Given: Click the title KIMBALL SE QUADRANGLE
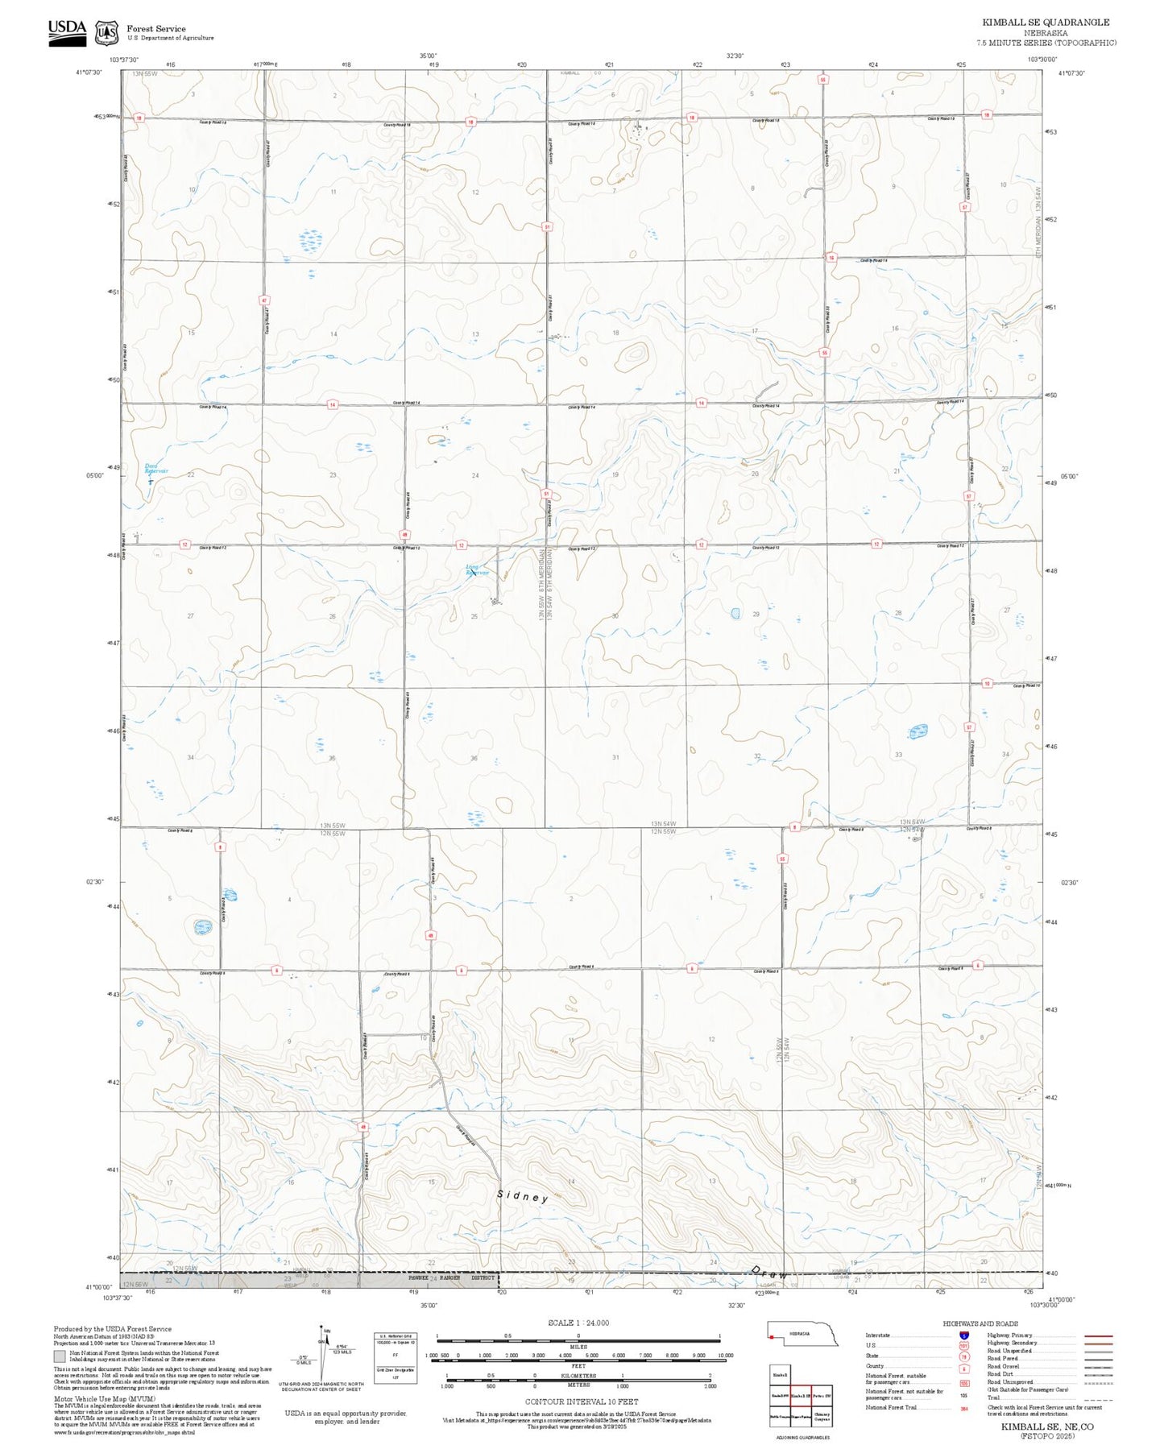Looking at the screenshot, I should [1046, 23].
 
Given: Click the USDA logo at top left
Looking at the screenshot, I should [67, 31].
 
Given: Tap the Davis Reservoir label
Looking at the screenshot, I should [156, 468].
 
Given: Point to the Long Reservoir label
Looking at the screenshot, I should [477, 569].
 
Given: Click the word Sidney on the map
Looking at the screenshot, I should [522, 1197].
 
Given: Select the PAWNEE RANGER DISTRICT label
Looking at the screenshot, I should [451, 1278].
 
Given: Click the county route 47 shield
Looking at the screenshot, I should [263, 300].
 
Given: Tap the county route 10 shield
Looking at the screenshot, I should [987, 684].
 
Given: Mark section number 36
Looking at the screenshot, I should [474, 758].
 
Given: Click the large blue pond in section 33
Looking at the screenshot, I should [918, 731].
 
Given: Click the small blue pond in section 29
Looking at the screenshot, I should [735, 614].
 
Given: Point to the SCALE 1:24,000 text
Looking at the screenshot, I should [578, 1323].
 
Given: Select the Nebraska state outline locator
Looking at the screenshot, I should [802, 1334].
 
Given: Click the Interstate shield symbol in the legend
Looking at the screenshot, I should [963, 1335].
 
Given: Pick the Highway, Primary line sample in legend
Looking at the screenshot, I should [1099, 1335].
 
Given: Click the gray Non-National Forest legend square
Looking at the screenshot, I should [60, 1356].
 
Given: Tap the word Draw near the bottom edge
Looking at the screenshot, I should [768, 1273].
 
